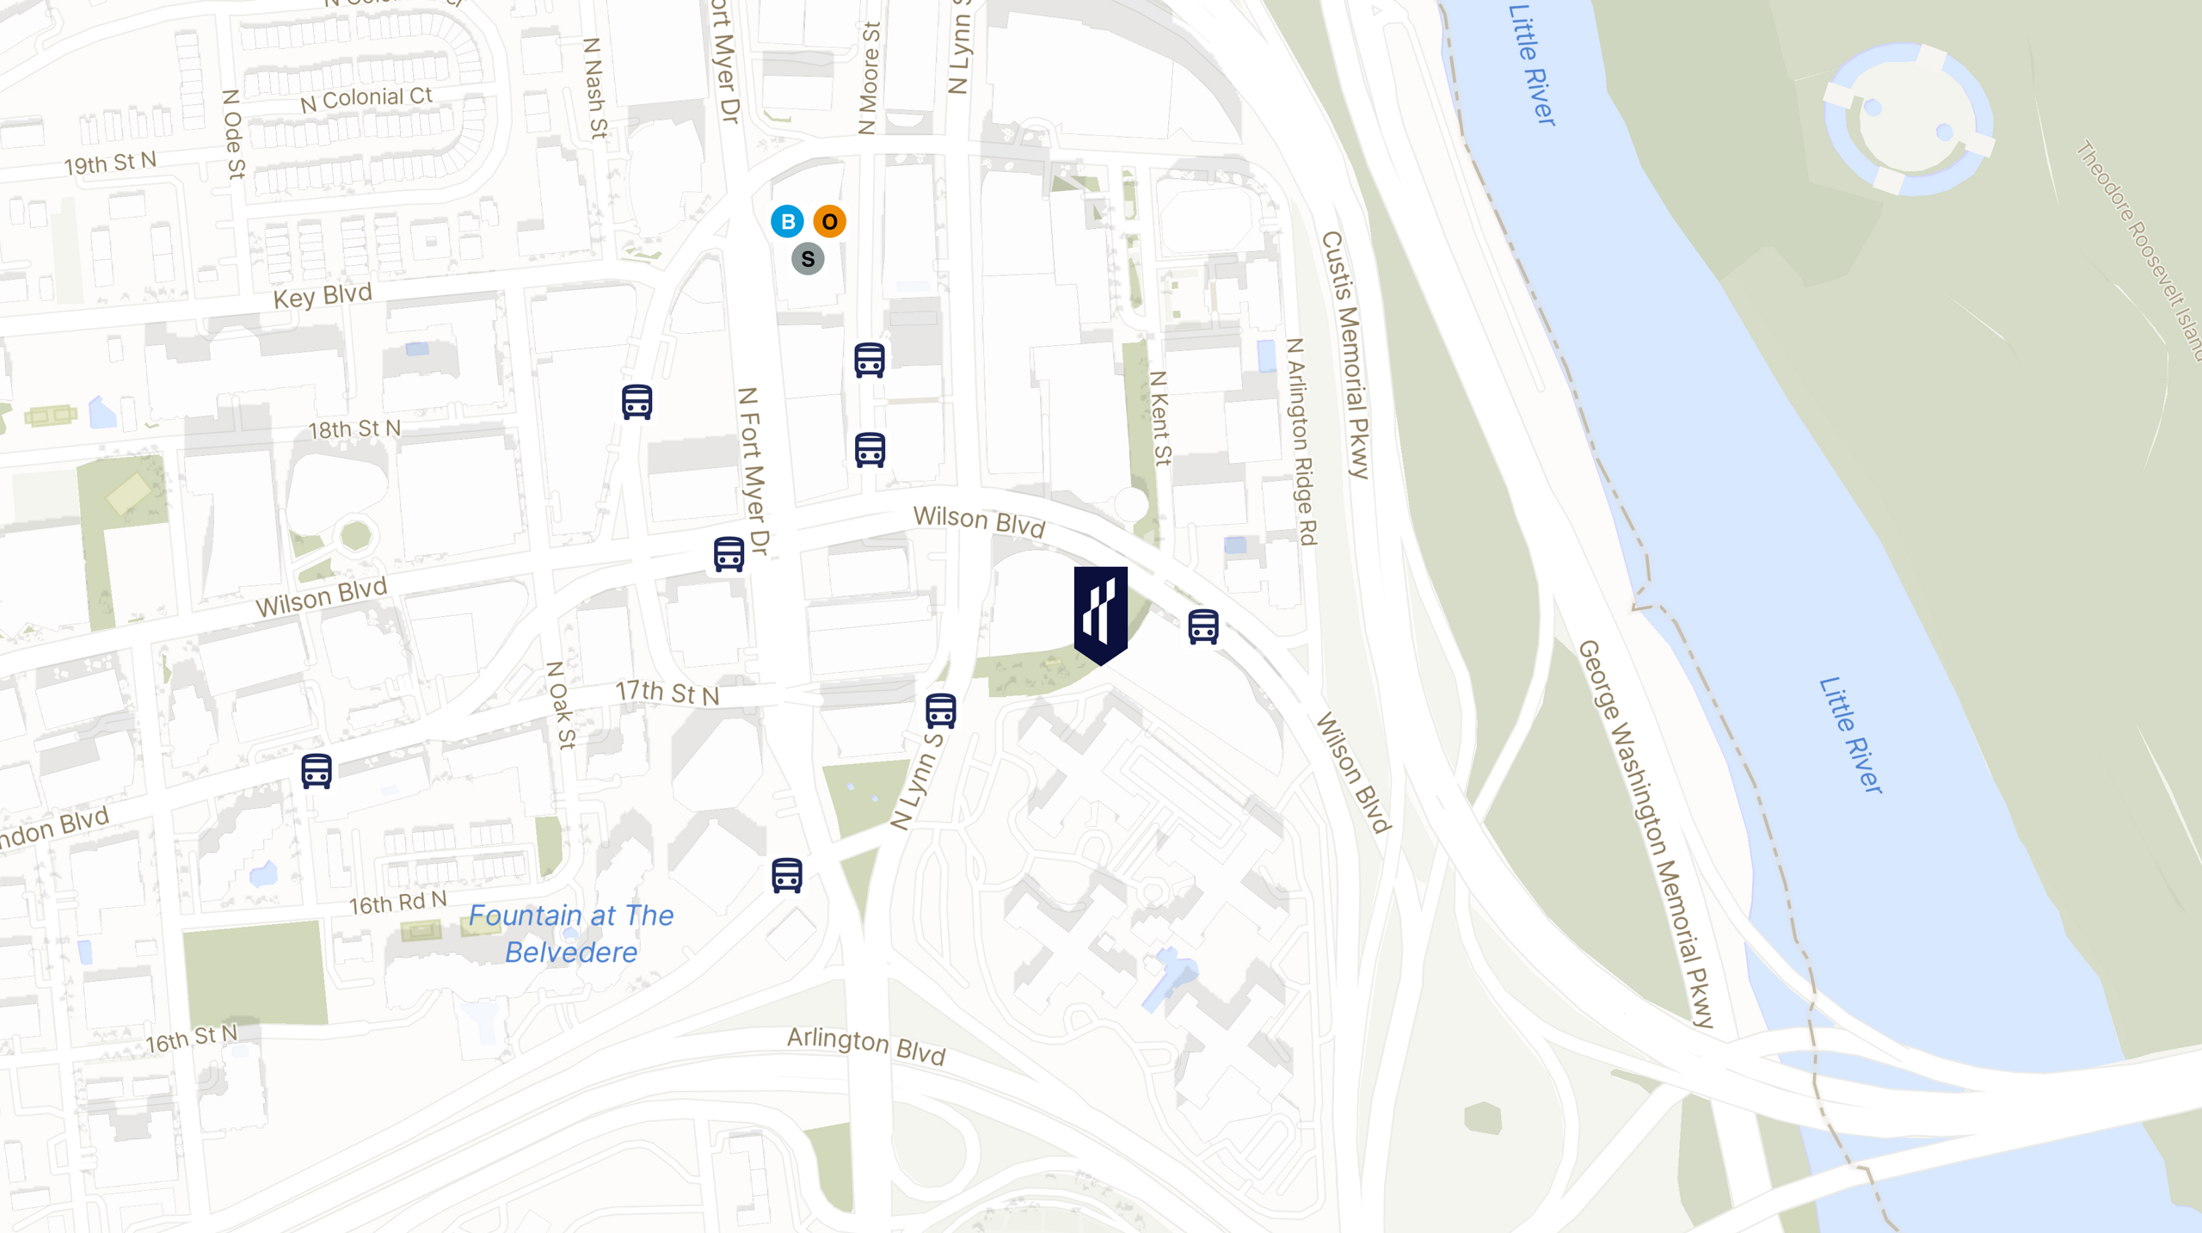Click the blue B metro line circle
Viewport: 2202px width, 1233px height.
point(787,221)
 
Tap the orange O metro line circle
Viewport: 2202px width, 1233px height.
point(829,221)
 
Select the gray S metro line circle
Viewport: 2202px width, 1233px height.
point(808,259)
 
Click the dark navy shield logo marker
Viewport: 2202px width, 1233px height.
point(1100,614)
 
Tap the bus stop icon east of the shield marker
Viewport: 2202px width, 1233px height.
point(1202,626)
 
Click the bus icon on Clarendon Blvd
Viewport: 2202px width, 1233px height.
point(317,771)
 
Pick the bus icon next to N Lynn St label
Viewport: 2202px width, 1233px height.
point(940,711)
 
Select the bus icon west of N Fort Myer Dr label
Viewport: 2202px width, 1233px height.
point(637,402)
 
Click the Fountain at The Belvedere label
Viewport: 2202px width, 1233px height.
point(571,934)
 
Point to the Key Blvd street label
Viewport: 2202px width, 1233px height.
point(323,297)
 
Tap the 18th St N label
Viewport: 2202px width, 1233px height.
point(354,428)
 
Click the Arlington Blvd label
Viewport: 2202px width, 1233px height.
point(866,1045)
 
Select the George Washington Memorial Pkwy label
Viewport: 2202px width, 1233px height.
point(1645,833)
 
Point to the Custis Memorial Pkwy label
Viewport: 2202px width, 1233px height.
point(1345,354)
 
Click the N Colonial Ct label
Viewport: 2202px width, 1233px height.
point(366,99)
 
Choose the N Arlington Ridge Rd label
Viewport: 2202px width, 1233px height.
point(1301,441)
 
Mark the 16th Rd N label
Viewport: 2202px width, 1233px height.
point(397,903)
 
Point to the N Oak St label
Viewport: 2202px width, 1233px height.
point(561,705)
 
